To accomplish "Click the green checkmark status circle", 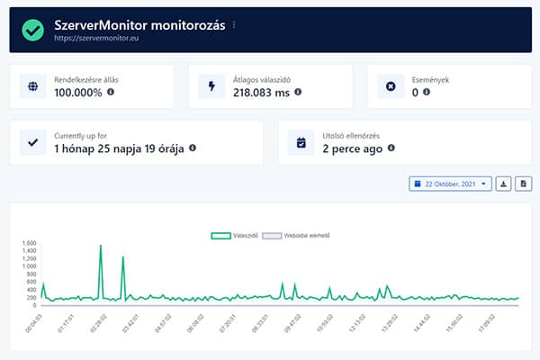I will [33, 30].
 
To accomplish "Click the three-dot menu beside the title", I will [235, 25].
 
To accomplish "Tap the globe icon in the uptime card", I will [33, 86].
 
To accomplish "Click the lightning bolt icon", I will [212, 86].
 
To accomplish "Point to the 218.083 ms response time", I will [261, 92].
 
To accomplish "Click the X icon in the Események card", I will [391, 86].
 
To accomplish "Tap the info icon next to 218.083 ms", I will [298, 92].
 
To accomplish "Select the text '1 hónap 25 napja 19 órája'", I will [119, 148].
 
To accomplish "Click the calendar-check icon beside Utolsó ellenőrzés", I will [301, 142].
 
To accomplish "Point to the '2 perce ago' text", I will [353, 148].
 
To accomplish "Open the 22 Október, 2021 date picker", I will [450, 184].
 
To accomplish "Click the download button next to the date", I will [505, 184].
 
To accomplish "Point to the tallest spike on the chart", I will [101, 246].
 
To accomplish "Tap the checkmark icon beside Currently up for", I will [33, 142].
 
